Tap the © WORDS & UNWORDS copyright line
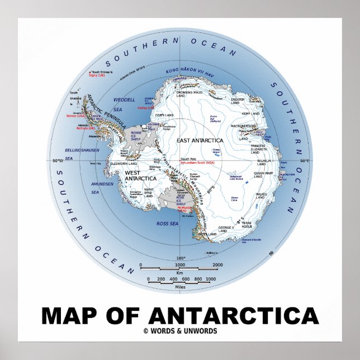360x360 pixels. click(x=180, y=331)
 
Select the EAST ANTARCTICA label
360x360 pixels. click(x=200, y=140)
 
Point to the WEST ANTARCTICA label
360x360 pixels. click(x=140, y=175)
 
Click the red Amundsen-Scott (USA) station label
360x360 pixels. click(x=202, y=163)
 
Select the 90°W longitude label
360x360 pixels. click(x=56, y=162)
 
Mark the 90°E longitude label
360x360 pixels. click(x=305, y=161)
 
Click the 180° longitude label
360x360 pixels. click(x=181, y=258)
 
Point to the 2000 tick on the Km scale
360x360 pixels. click(x=218, y=265)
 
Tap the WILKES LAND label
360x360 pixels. click(x=260, y=196)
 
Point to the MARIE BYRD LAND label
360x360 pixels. click(x=149, y=192)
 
